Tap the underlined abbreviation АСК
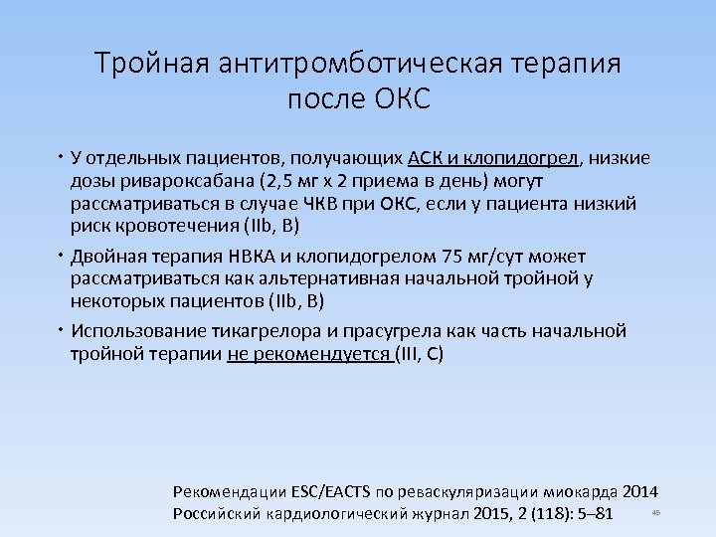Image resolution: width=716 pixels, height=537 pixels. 427,158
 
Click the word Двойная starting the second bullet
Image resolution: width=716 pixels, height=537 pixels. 111,256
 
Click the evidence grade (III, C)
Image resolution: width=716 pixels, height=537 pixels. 420,353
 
